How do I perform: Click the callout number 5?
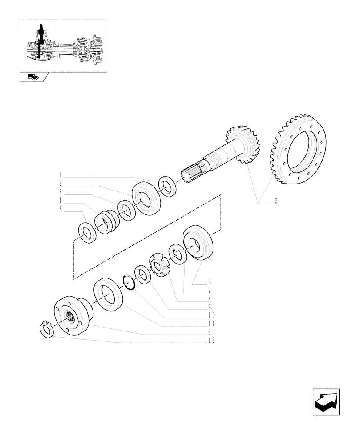click(x=276, y=202)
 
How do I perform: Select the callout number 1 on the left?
click(x=60, y=175)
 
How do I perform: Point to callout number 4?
click(x=60, y=201)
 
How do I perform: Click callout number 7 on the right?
click(x=210, y=290)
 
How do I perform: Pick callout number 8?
click(x=210, y=298)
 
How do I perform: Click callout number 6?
click(x=210, y=332)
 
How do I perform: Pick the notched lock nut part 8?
click(x=160, y=265)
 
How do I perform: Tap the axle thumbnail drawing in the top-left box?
click(x=63, y=46)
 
